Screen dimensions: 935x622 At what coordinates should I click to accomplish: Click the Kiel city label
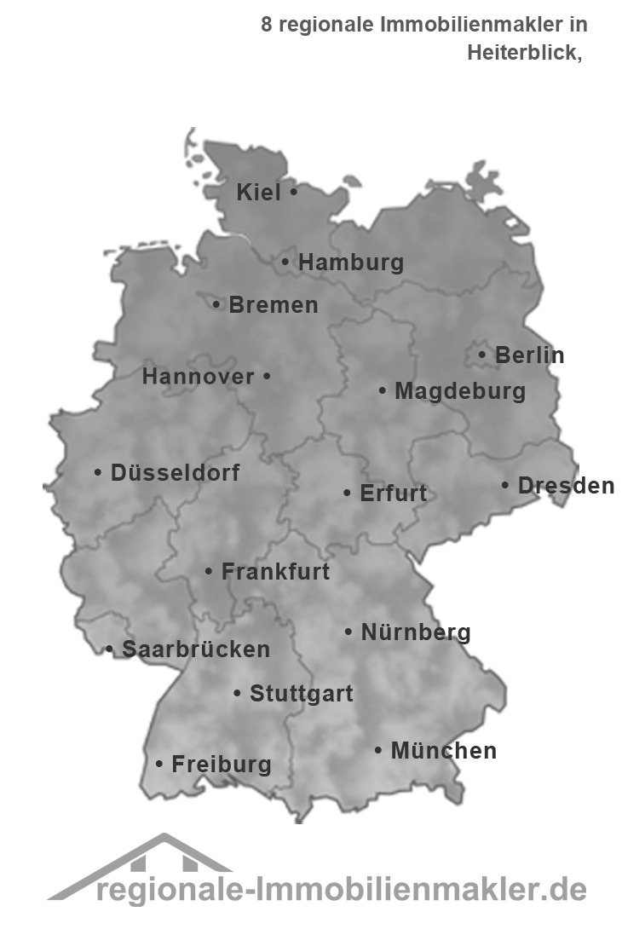(258, 193)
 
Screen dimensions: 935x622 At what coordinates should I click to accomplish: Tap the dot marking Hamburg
(285, 263)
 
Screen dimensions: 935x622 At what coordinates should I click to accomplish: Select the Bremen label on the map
(274, 305)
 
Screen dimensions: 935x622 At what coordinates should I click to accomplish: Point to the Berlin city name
(529, 355)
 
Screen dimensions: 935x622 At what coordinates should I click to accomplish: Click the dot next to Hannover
(266, 376)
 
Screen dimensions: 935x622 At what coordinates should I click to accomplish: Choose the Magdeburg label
(460, 392)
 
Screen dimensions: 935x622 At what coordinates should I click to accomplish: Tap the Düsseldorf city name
(175, 472)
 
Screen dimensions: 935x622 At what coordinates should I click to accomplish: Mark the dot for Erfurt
(347, 493)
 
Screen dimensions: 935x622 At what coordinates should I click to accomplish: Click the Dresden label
(566, 486)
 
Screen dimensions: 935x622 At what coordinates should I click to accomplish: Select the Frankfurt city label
(275, 572)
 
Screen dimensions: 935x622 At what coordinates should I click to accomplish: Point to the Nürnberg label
(416, 632)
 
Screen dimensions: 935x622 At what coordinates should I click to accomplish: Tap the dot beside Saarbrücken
(109, 649)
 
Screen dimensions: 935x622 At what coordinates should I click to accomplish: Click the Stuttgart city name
(301, 694)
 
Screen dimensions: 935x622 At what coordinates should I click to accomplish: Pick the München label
(443, 751)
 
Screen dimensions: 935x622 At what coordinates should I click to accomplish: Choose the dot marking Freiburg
(159, 765)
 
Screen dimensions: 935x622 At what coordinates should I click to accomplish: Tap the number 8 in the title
(267, 25)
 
